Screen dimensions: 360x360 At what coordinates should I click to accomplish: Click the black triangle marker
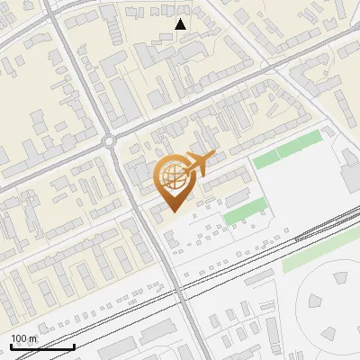pyautogui.click(x=181, y=25)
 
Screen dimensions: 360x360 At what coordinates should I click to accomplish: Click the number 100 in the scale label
pyautogui.click(x=20, y=338)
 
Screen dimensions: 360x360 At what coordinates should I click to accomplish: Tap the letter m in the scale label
pyautogui.click(x=34, y=338)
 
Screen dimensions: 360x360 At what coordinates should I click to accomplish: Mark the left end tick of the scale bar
pyautogui.click(x=11, y=346)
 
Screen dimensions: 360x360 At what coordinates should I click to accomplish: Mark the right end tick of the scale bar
pyautogui.click(x=74, y=346)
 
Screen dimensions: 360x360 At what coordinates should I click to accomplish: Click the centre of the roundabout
pyautogui.click(x=111, y=140)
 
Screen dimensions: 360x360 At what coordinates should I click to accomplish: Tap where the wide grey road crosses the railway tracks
pyautogui.click(x=183, y=297)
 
